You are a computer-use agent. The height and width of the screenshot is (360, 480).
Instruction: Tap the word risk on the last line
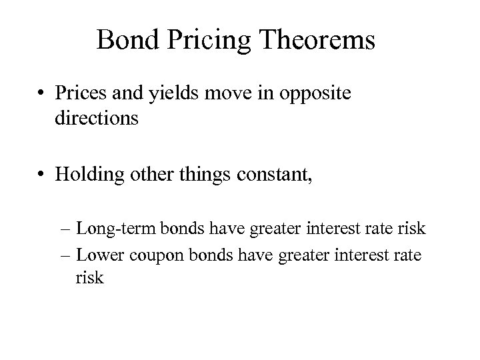(91, 277)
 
